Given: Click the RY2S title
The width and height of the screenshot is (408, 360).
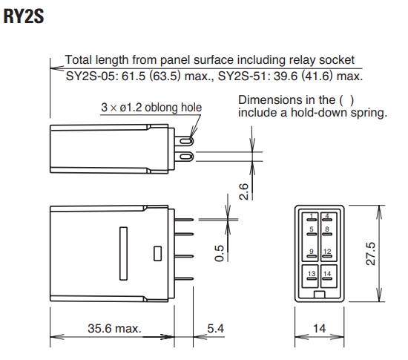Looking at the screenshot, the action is point(24,16).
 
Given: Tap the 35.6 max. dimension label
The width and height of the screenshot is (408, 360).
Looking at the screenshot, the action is point(114,329).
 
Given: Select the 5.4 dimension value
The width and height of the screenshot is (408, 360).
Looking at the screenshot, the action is point(215,329).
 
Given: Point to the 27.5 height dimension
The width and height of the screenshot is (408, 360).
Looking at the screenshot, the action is point(370,254).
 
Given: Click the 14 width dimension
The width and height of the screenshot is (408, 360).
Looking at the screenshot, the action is point(319,329).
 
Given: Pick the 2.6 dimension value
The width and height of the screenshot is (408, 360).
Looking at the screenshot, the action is point(244,192).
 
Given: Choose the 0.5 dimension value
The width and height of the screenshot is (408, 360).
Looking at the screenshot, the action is point(219,253).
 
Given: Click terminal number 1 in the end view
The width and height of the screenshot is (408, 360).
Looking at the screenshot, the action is point(312,216).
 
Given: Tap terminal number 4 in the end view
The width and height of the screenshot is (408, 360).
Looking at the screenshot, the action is point(327,216).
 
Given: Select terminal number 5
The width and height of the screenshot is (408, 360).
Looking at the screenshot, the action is point(312,229).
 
